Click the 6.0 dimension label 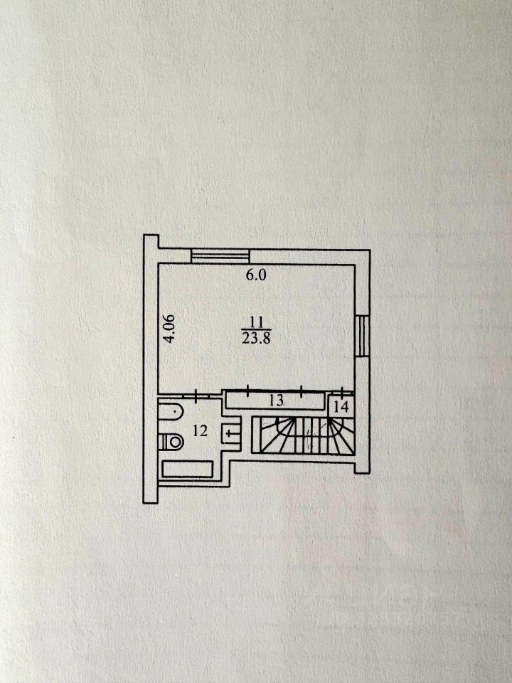coord(256,275)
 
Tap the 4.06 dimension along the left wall coord(170,328)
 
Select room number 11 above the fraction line coord(257,322)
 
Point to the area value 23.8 coord(257,338)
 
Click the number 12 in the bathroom coord(200,431)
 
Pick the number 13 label coord(276,400)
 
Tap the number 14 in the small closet coord(342,407)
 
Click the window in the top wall coord(220,255)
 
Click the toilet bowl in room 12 coord(171,442)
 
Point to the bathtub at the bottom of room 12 coord(187,470)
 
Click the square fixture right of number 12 coord(230,433)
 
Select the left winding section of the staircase coord(274,435)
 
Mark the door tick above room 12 coord(197,395)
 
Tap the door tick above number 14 coord(343,391)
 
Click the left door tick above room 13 coord(248,391)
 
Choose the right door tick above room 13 coord(302,391)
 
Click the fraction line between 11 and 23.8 coord(257,329)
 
